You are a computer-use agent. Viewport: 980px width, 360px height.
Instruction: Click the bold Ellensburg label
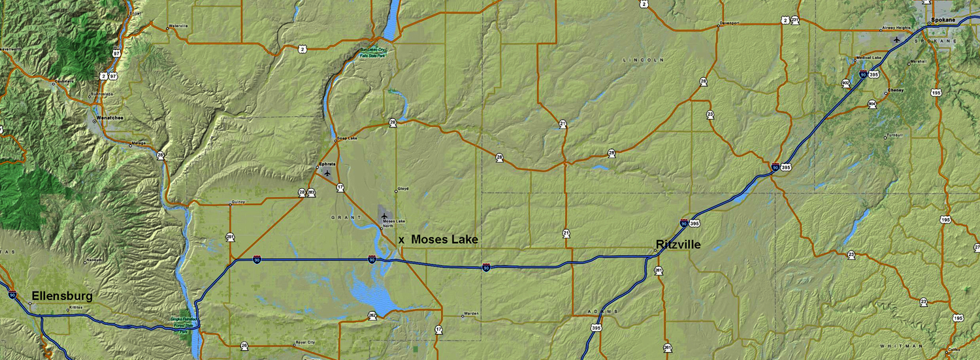[x=62, y=296]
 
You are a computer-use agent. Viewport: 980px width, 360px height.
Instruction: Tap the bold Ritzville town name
[x=678, y=244]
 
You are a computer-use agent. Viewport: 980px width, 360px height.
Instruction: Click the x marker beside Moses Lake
[x=401, y=240]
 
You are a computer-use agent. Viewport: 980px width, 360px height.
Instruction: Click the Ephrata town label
[x=326, y=164]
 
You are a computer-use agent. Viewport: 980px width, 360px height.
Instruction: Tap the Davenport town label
[x=730, y=23]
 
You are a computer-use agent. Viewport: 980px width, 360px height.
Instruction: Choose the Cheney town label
[x=896, y=90]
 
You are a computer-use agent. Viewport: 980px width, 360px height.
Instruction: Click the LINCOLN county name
[x=643, y=59]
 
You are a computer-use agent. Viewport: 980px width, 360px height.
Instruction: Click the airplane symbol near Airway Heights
[x=896, y=39]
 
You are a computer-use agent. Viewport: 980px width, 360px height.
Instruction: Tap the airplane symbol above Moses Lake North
[x=384, y=216]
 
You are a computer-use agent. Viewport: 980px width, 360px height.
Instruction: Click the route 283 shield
[x=311, y=192]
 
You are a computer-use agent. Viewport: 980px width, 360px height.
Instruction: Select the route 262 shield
[x=372, y=316]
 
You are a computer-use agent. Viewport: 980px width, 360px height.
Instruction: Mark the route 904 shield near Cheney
[x=872, y=104]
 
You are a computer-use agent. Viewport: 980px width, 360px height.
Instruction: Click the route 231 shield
[x=794, y=20]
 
